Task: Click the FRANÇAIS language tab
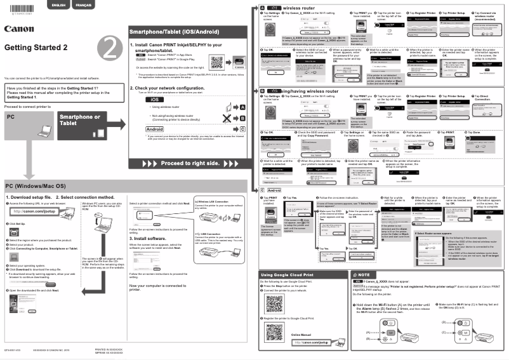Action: click(83, 5)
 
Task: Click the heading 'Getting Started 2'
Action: click(35, 48)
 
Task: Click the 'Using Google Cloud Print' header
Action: click(285, 274)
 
